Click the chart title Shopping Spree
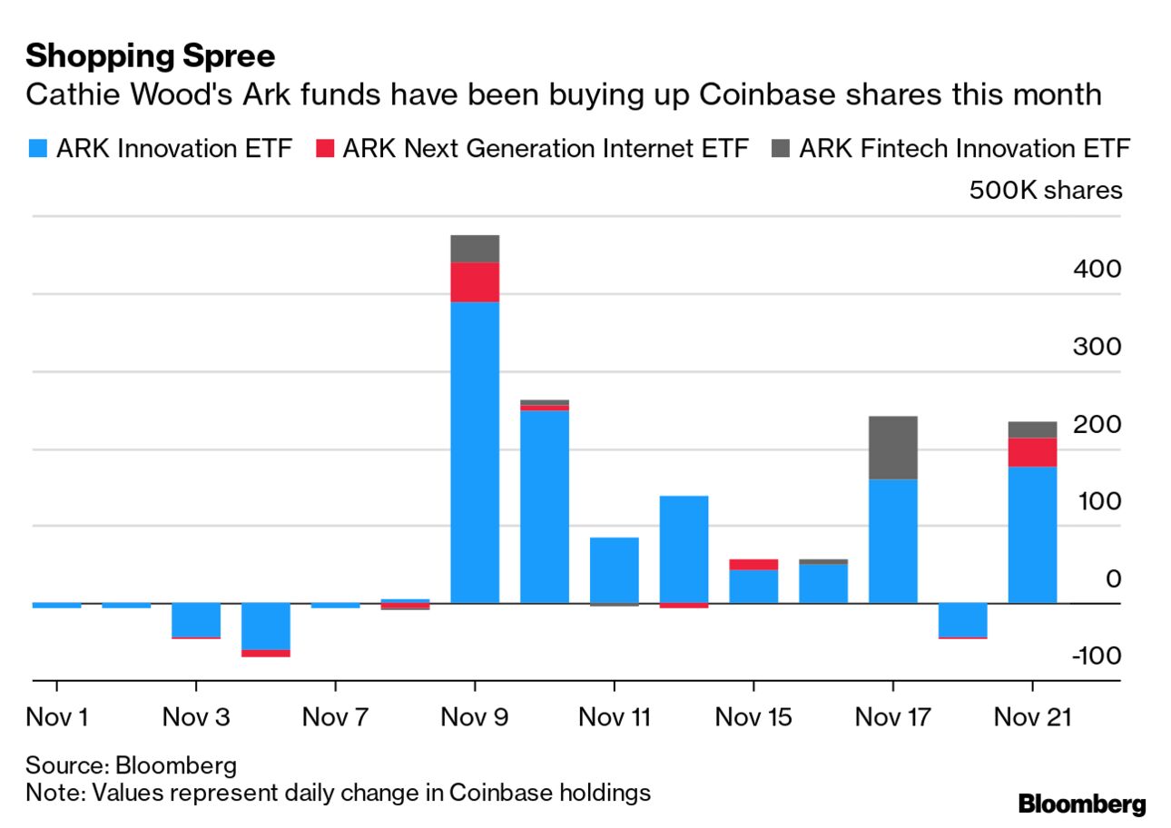[x=150, y=56]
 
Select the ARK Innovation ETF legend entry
[x=163, y=148]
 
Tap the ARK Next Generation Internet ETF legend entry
[x=534, y=148]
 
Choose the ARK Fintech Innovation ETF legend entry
[x=953, y=148]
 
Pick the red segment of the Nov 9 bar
[x=475, y=281]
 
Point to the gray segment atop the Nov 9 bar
[x=475, y=249]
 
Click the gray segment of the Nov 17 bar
[x=893, y=448]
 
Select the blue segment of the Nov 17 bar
[x=893, y=541]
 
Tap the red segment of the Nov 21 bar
[x=1033, y=452]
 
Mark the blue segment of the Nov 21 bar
[x=1033, y=535]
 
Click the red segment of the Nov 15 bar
[x=753, y=565]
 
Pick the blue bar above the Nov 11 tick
[x=615, y=570]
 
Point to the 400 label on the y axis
[x=1097, y=270]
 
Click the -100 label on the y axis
[x=1097, y=655]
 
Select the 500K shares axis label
[x=1045, y=191]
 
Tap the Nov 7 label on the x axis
[x=335, y=717]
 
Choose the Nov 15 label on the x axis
[x=753, y=717]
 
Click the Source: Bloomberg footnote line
[x=131, y=764]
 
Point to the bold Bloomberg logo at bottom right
[x=1082, y=803]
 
